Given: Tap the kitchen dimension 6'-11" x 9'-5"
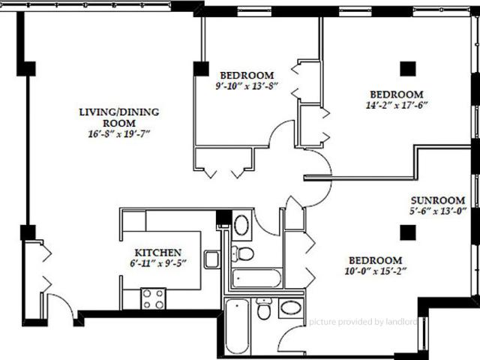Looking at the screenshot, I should pyautogui.click(x=158, y=263).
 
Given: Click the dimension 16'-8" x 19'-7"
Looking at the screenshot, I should pyautogui.click(x=119, y=135).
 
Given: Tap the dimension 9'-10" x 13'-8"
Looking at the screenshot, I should pyautogui.click(x=247, y=85).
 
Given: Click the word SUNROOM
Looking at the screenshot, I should pyautogui.click(x=438, y=200).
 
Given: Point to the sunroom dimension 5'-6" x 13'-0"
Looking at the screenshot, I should pyautogui.click(x=438, y=211).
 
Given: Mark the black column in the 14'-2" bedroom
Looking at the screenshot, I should pyautogui.click(x=406, y=68).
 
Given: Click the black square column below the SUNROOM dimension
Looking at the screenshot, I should pyautogui.click(x=407, y=232).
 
